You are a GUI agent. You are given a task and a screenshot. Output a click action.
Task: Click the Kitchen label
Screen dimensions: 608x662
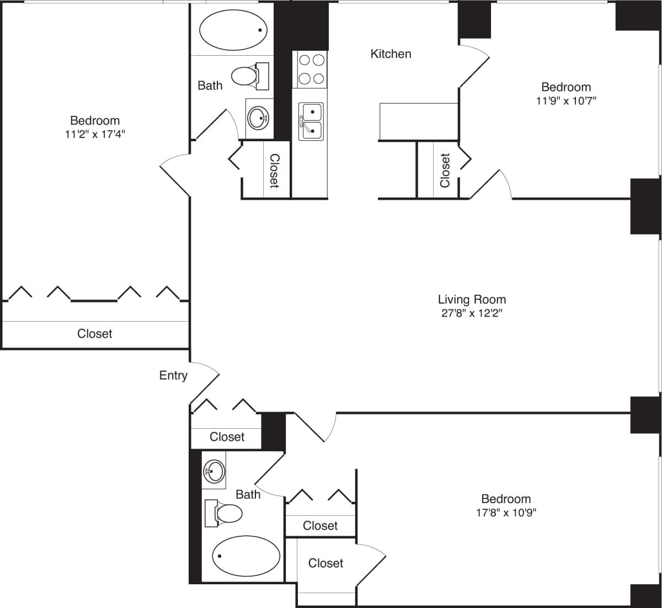pyautogui.click(x=391, y=54)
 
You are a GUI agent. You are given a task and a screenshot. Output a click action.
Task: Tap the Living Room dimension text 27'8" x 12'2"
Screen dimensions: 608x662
pyautogui.click(x=472, y=313)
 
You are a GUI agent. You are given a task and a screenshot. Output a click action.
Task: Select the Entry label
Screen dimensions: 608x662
pyautogui.click(x=173, y=376)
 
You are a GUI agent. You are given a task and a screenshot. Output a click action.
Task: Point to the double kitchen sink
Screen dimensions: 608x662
pyautogui.click(x=312, y=121)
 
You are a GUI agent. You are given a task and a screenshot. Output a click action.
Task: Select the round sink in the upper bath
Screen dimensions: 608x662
pyautogui.click(x=258, y=118)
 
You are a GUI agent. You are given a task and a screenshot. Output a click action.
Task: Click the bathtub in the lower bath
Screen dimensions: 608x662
pyautogui.click(x=246, y=555)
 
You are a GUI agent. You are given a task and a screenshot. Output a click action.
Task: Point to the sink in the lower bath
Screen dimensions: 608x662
pyautogui.click(x=214, y=471)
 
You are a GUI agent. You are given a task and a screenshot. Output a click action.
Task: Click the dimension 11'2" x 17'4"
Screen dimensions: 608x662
pyautogui.click(x=95, y=134)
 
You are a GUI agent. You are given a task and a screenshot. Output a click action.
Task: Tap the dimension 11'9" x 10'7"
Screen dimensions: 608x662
pyautogui.click(x=566, y=101)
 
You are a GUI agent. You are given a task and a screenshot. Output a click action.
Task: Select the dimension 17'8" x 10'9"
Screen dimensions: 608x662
pyautogui.click(x=506, y=513)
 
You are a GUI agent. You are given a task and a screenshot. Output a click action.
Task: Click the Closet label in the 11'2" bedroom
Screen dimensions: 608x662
pyautogui.click(x=95, y=334)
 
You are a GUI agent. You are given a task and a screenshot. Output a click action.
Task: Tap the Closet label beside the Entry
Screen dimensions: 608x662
pyautogui.click(x=227, y=437)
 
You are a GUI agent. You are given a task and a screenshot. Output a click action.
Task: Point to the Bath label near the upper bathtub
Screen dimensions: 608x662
pyautogui.click(x=210, y=86)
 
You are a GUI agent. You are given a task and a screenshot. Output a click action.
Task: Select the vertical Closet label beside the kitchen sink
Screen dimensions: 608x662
pyautogui.click(x=274, y=171)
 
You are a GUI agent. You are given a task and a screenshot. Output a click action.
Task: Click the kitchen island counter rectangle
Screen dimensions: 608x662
pyautogui.click(x=419, y=121)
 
